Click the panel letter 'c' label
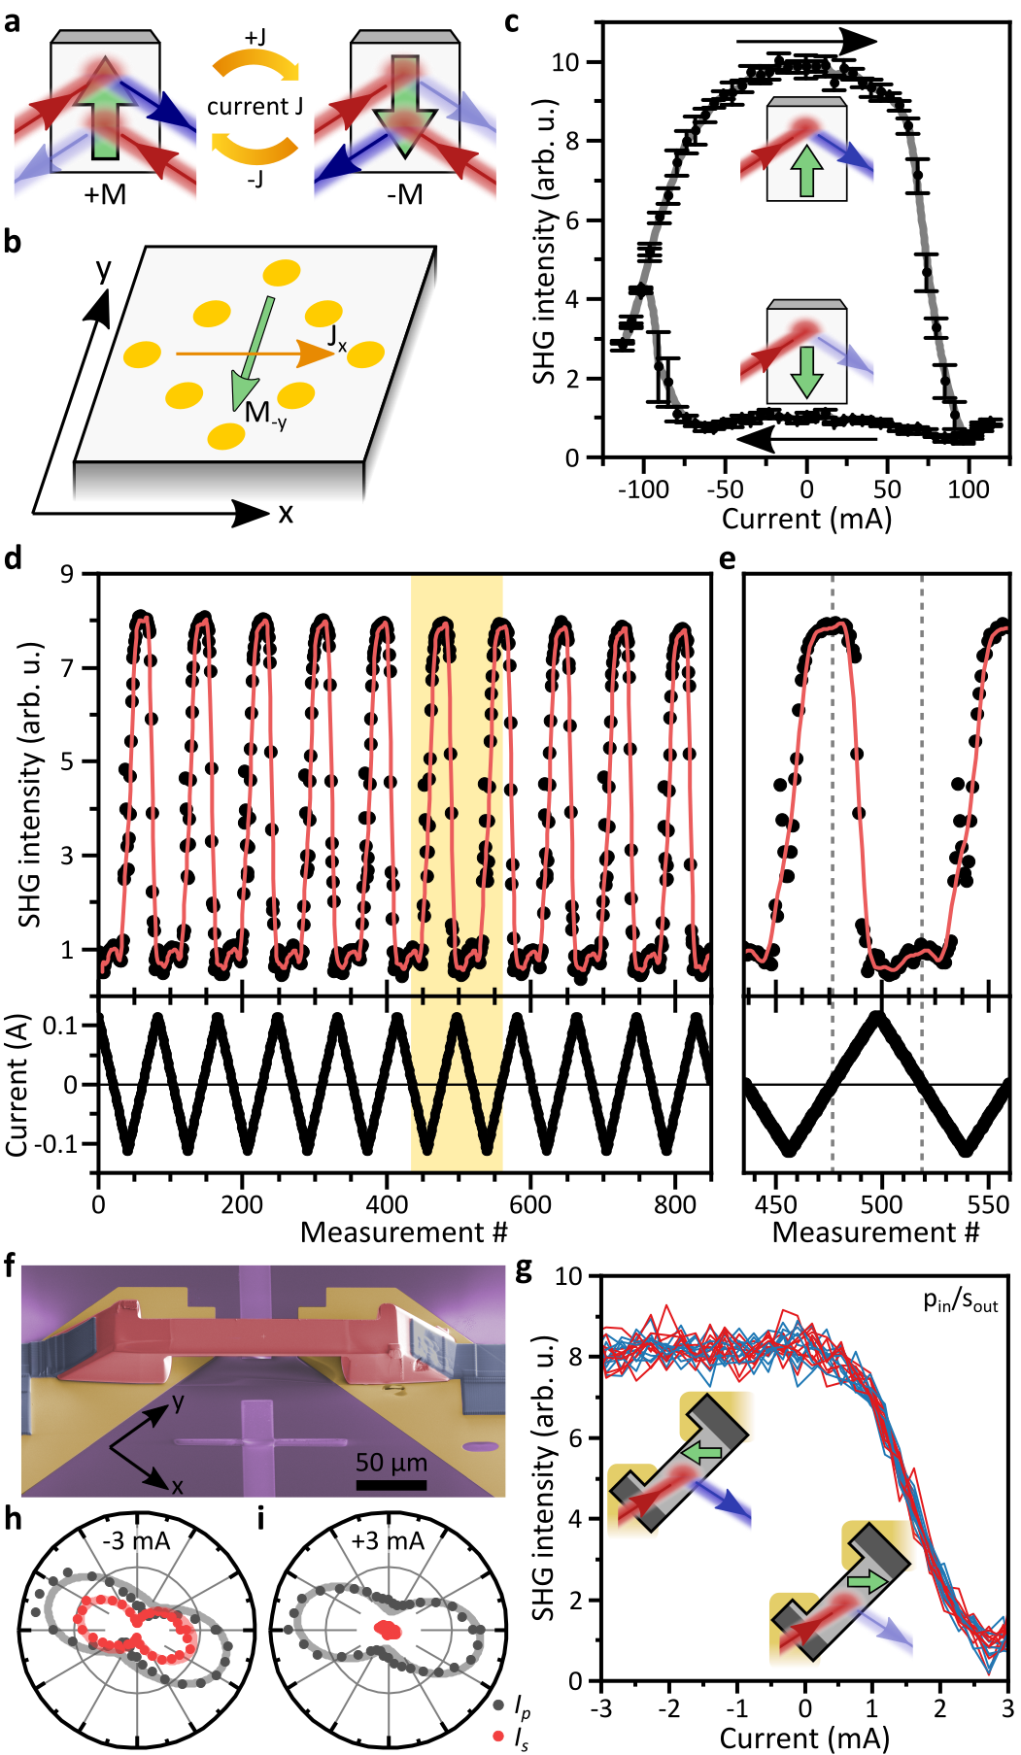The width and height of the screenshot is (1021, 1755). pos(513,20)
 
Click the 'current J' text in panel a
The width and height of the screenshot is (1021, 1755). pos(255,106)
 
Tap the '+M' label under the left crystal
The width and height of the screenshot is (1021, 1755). pos(105,195)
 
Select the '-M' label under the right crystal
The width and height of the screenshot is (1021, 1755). pos(405,195)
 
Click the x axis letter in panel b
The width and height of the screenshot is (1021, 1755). pos(285,513)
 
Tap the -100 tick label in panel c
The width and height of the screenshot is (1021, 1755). pos(643,489)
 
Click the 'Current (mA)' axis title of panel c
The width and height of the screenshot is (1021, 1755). pos(805,519)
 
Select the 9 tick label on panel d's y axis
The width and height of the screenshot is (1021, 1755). pos(67,574)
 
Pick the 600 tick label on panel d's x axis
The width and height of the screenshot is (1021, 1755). pos(530,1204)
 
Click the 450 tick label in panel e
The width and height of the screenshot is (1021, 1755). pos(776,1204)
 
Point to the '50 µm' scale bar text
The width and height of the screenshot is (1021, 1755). pos(391,1462)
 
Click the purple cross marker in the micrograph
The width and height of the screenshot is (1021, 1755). pos(259,1443)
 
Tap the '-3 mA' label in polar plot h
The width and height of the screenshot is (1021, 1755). pos(137,1541)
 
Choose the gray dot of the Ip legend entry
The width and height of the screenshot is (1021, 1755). pos(498,1704)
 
